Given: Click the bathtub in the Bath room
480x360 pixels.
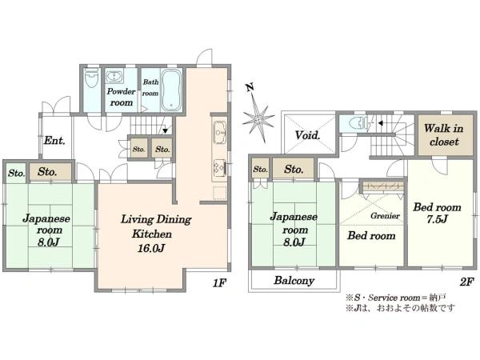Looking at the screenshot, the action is click(171, 90).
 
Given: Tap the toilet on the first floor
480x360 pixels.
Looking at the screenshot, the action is click(91, 78).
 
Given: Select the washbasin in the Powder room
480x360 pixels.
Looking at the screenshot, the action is click(114, 76).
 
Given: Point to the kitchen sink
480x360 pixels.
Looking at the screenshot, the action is click(220, 132).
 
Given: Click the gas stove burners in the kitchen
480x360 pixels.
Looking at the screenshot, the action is click(219, 168).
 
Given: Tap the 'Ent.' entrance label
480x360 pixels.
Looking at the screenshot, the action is click(54, 141).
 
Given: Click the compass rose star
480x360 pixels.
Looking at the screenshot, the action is click(258, 118).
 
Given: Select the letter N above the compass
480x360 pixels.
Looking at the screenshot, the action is click(250, 87).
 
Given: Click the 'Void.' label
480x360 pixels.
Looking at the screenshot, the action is click(308, 135).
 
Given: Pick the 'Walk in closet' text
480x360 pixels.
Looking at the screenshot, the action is click(443, 134).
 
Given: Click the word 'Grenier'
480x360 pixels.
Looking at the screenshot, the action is click(385, 216).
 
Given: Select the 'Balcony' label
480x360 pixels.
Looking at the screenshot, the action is click(294, 281).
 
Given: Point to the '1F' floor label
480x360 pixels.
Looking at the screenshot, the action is click(219, 283).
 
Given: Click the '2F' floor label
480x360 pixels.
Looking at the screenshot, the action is click(467, 282).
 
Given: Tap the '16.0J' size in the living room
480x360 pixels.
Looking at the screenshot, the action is click(151, 248).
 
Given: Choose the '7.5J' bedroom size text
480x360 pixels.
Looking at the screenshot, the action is click(438, 219).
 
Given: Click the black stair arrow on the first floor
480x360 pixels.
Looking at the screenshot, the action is click(166, 130).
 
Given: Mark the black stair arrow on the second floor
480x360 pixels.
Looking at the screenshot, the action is click(381, 123).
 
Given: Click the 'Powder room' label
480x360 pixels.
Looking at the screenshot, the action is click(122, 97).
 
